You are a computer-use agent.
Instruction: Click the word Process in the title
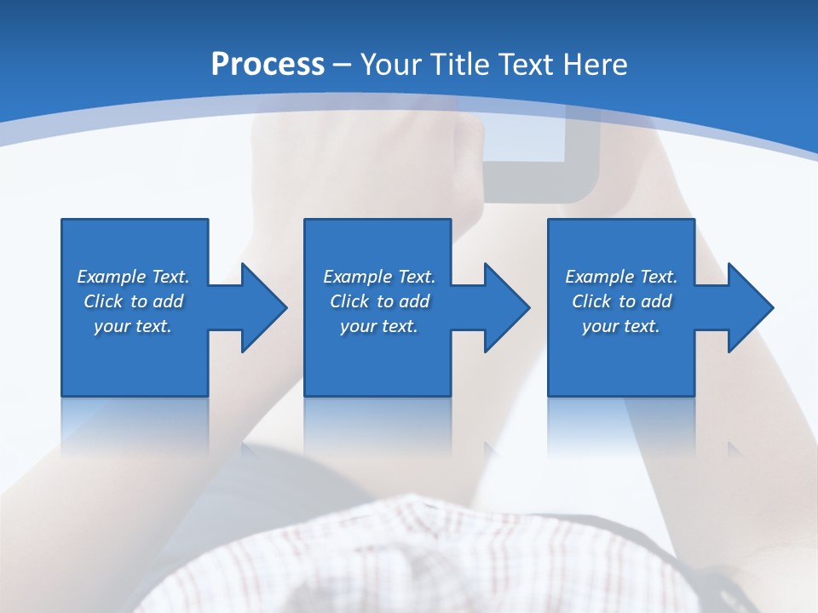pyautogui.click(x=268, y=65)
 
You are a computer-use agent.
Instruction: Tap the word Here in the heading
pyautogui.click(x=596, y=65)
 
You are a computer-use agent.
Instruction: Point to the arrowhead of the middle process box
pyautogui.click(x=505, y=307)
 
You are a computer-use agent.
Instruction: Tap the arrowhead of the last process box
pyautogui.click(x=749, y=307)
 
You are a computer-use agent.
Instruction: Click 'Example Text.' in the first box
pyautogui.click(x=133, y=277)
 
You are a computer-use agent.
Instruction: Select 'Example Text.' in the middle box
pyautogui.click(x=379, y=277)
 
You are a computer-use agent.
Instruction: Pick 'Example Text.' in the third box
pyautogui.click(x=621, y=277)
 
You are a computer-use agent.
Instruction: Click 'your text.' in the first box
pyautogui.click(x=133, y=326)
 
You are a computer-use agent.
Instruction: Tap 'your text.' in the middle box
pyautogui.click(x=379, y=326)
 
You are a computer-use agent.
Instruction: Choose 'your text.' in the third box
pyautogui.click(x=621, y=326)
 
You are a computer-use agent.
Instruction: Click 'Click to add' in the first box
pyautogui.click(x=133, y=301)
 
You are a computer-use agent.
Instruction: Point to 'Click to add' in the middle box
pyautogui.click(x=379, y=301)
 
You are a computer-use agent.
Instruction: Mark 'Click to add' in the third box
pyautogui.click(x=621, y=301)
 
